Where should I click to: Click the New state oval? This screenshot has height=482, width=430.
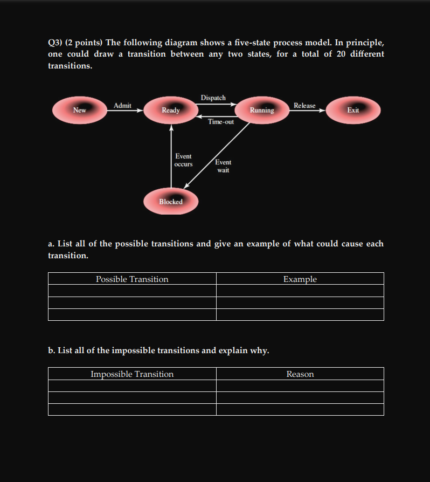[x=79, y=110]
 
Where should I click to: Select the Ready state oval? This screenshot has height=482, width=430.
[x=171, y=110]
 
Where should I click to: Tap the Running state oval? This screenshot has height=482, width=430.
[x=262, y=110]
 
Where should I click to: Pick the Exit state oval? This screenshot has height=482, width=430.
[x=353, y=110]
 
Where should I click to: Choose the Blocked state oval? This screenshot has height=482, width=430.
[x=171, y=202]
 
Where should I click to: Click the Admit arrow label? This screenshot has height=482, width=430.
[x=122, y=106]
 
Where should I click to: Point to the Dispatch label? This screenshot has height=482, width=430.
[x=213, y=98]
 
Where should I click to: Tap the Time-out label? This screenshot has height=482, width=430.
[x=221, y=122]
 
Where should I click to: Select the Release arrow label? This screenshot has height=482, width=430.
[x=304, y=106]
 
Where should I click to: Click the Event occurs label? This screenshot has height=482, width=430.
[x=183, y=160]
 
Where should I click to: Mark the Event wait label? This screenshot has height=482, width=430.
[x=223, y=166]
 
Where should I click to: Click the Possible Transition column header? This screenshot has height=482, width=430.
[x=132, y=279]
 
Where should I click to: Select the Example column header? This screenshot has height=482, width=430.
[x=300, y=279]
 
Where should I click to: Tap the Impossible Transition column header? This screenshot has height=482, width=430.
[x=132, y=374]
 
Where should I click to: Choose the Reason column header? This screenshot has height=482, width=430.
[x=300, y=374]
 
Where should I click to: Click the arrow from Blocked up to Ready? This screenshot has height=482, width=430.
[x=171, y=156]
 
